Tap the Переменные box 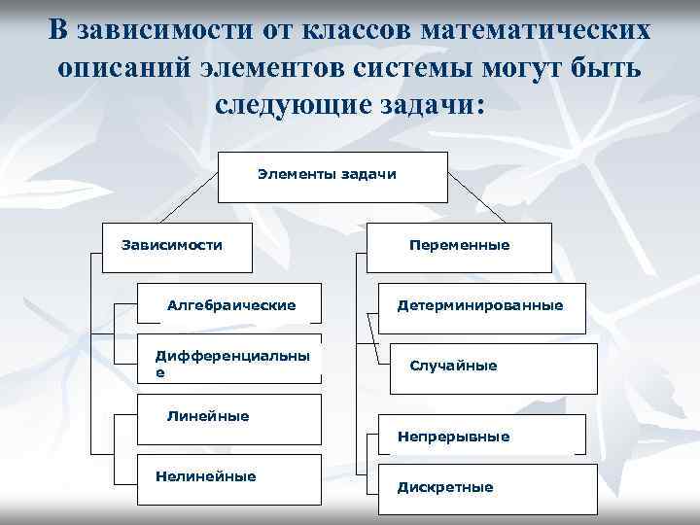(459, 246)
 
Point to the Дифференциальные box (230, 365)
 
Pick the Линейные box (230, 417)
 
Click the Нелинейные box (230, 477)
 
